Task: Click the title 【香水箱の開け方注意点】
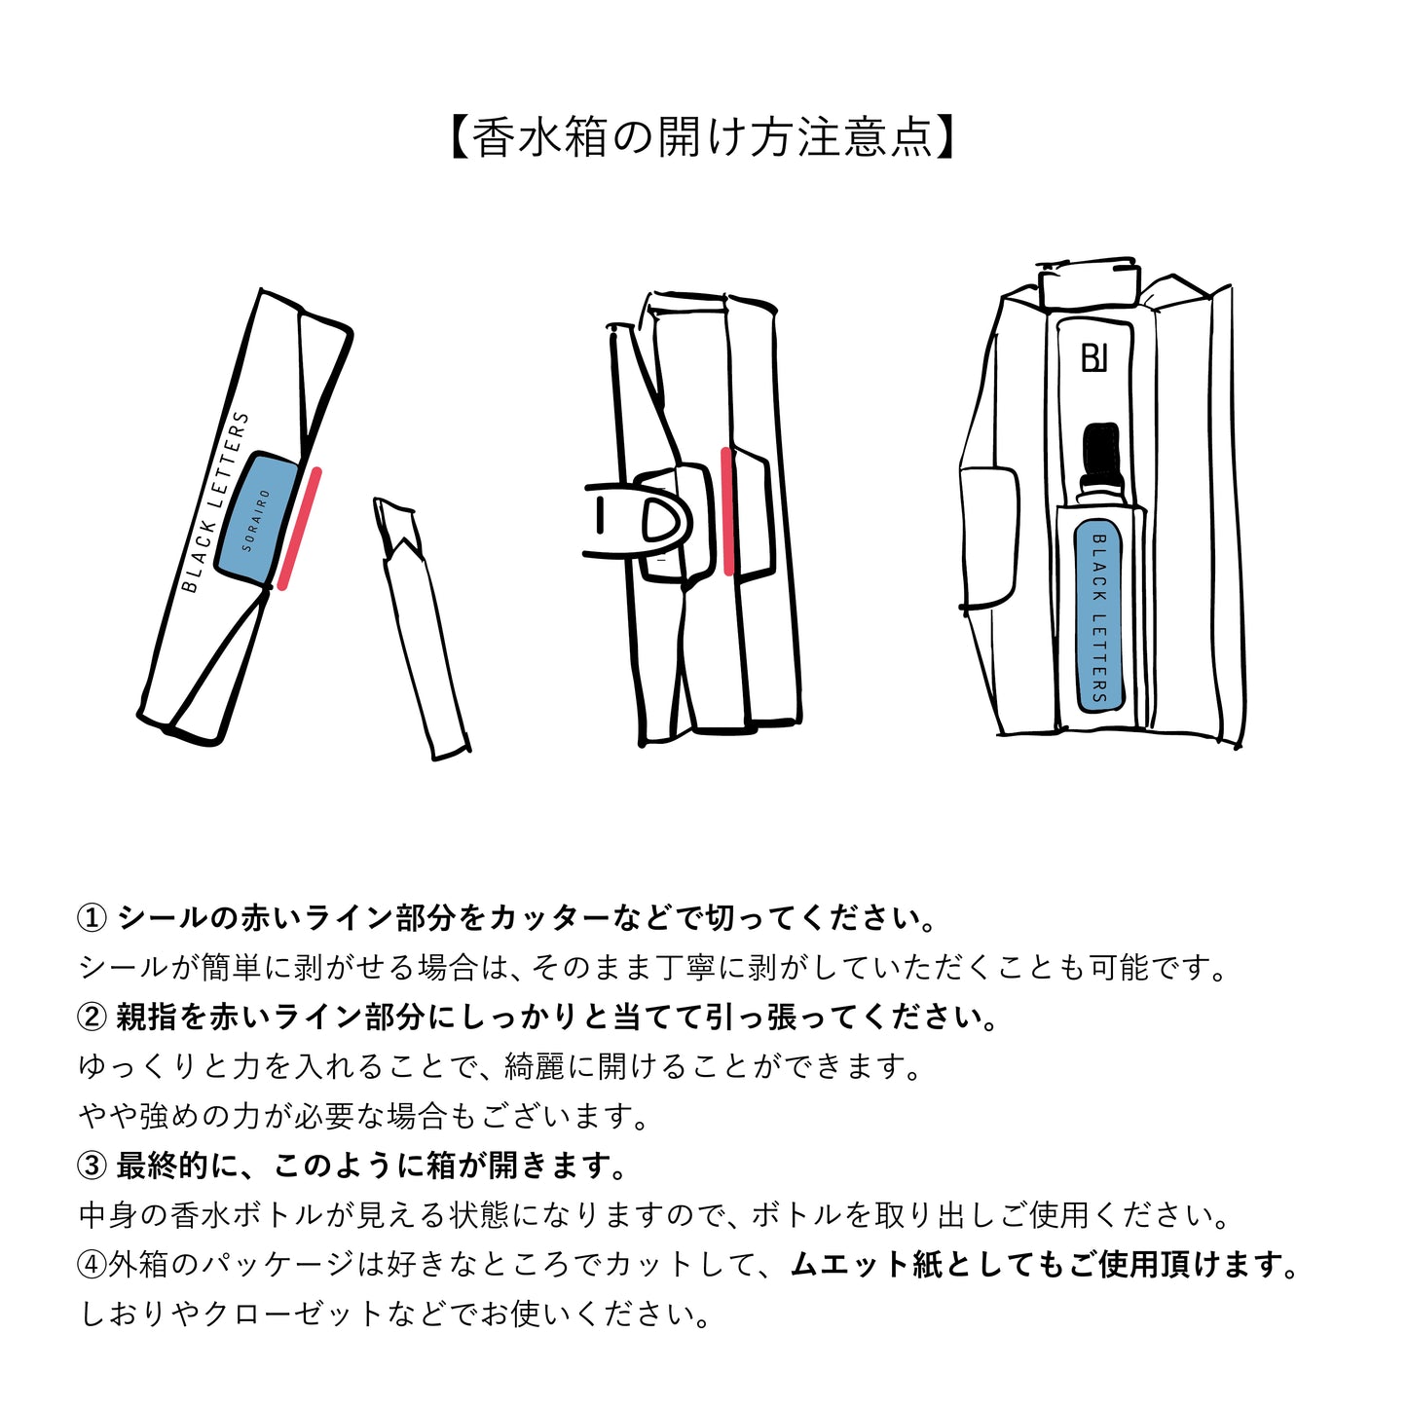pos(703,137)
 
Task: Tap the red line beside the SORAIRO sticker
pos(299,529)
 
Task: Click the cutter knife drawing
pos(420,627)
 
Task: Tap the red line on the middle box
pos(727,510)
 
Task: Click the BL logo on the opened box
pos(1094,357)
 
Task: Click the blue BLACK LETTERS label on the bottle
pos(1099,616)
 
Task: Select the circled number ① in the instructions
pos(92,918)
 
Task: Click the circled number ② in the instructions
pos(92,1018)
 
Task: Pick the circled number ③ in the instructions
pos(92,1166)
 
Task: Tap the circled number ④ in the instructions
pos(92,1265)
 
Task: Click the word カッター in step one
pos(549,918)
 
